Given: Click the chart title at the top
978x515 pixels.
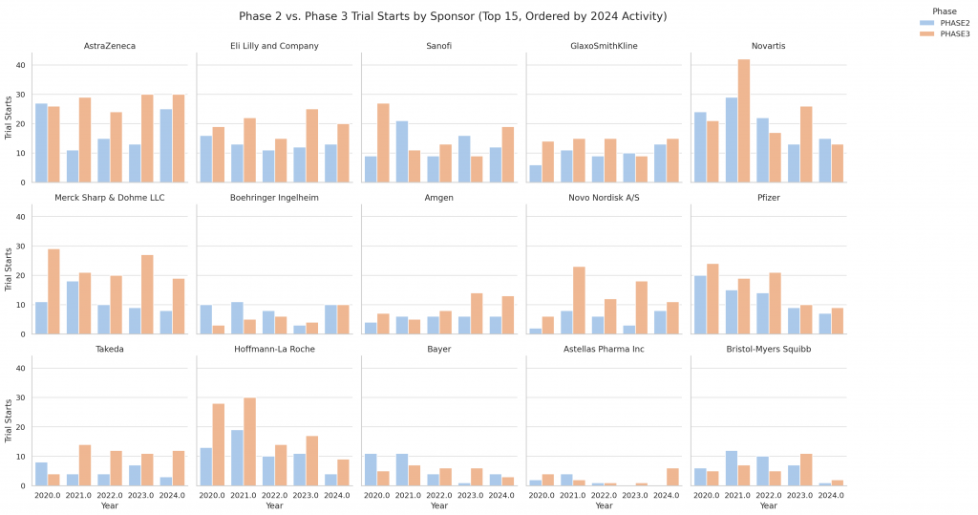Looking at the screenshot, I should [452, 16].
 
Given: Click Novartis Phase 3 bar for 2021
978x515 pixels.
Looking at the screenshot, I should [743, 120].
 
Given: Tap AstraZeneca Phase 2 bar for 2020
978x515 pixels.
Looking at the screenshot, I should [41, 142].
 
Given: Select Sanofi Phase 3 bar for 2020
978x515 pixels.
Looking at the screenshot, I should [383, 142].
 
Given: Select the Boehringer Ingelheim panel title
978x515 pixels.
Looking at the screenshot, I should [274, 197].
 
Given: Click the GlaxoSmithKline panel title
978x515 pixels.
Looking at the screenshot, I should [604, 46].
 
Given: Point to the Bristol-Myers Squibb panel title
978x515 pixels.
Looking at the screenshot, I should [769, 349].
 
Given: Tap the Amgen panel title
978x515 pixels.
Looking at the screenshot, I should [439, 197].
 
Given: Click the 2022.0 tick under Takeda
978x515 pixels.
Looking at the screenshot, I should [110, 495].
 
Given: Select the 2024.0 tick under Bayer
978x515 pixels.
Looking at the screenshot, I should [501, 495].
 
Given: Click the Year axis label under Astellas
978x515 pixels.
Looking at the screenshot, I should [604, 505].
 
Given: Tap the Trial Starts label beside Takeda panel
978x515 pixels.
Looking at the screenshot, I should [9, 419].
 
